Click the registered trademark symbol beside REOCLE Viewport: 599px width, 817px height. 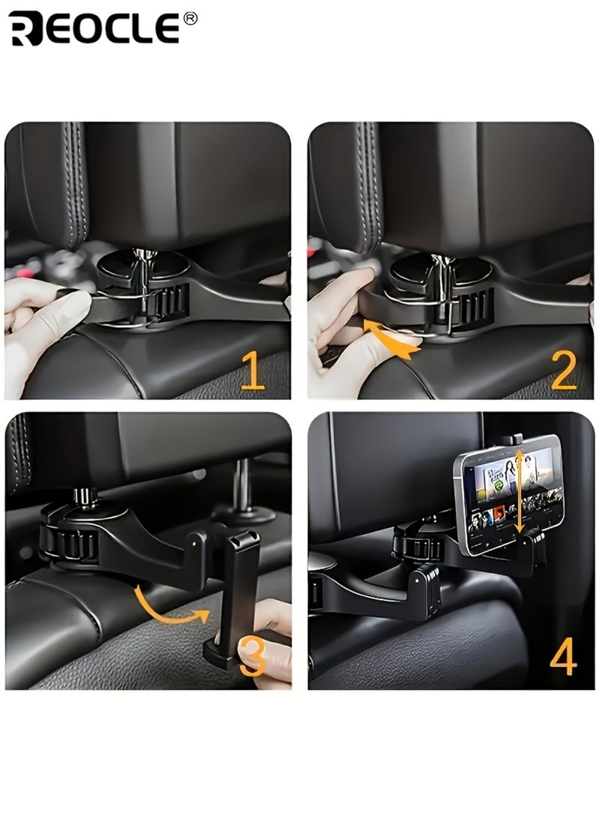(x=190, y=19)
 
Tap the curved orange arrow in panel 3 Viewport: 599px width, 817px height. (x=168, y=607)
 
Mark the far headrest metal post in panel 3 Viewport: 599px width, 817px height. (x=243, y=487)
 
